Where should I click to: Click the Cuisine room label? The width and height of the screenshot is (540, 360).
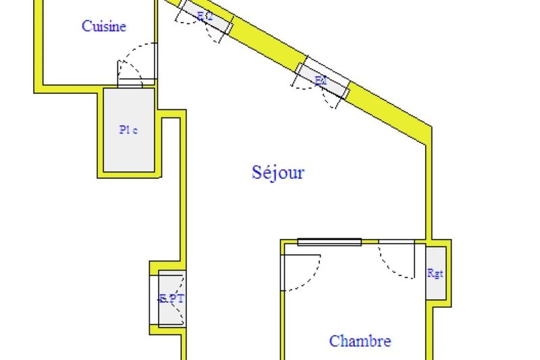pos(104,26)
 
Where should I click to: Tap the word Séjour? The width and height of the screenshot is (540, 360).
pos(278,172)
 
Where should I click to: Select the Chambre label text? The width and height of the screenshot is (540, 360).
pos(360,341)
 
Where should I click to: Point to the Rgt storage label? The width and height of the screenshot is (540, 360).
pos(435,273)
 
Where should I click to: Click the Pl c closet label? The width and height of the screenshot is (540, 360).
pos(128,130)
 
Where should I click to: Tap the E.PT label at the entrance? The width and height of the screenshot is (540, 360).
pos(171,298)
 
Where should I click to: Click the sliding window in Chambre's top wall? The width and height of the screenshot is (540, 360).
pos(329,242)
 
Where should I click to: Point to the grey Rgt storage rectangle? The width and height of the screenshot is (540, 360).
pos(436,274)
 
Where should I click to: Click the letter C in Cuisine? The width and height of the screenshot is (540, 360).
pos(86,26)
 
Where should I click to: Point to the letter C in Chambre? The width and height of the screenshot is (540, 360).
pos(334,341)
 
